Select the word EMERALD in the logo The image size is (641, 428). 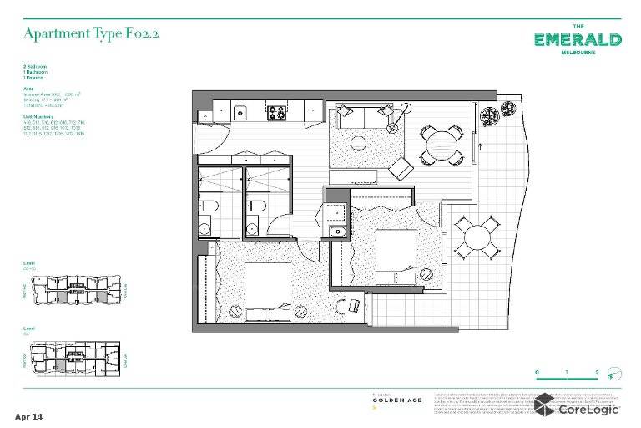577,40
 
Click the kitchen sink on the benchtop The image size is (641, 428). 240,111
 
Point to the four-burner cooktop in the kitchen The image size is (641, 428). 277,111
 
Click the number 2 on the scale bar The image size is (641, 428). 597,373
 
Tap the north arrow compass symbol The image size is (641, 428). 614,373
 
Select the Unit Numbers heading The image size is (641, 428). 38,116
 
